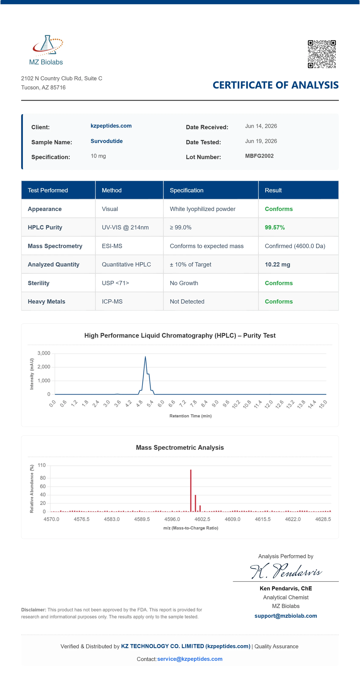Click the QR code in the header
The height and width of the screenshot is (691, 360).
click(x=322, y=54)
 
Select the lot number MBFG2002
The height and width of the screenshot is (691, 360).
click(x=259, y=156)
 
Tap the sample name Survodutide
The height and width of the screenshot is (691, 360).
click(x=107, y=141)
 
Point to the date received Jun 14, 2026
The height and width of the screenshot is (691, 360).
click(x=261, y=126)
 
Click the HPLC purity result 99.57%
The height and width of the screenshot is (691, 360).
click(x=275, y=228)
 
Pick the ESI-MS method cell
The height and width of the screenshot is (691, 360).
click(x=112, y=246)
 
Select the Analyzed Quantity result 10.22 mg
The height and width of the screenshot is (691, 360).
click(x=278, y=264)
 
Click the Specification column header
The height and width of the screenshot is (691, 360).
click(x=187, y=190)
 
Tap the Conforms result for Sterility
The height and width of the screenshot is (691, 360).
click(x=279, y=283)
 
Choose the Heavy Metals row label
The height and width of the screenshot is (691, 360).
click(x=46, y=302)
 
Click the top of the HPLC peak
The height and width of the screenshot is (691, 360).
click(x=145, y=357)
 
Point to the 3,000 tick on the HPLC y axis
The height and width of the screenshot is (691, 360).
click(x=44, y=353)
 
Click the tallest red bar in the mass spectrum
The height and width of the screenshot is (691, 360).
click(x=191, y=491)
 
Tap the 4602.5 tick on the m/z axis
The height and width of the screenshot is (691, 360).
click(x=202, y=519)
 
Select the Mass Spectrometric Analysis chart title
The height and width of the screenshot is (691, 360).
click(x=180, y=448)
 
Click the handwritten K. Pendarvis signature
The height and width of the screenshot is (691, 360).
click(x=285, y=571)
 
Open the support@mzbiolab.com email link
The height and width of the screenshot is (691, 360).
click(x=286, y=616)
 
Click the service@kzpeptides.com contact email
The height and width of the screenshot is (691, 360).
click(x=190, y=659)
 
